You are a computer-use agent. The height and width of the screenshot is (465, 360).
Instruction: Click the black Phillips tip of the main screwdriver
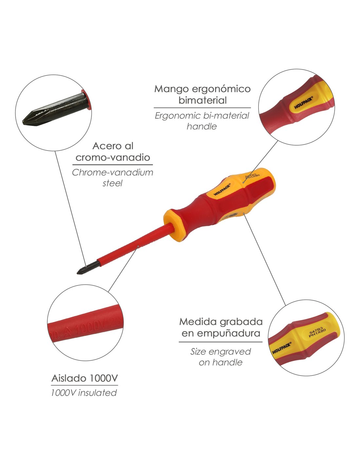point(86,267)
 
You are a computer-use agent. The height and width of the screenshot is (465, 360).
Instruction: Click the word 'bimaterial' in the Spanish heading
point(202,100)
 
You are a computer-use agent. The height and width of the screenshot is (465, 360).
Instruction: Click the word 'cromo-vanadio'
point(113,158)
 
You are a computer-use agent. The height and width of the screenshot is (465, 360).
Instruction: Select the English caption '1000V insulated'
point(84,393)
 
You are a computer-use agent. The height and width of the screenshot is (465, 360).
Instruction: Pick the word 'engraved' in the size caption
point(230,352)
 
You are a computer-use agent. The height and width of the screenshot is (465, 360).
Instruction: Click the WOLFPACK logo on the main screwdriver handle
point(222,189)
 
